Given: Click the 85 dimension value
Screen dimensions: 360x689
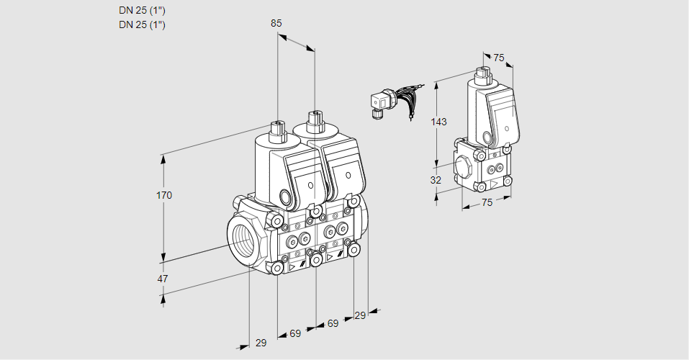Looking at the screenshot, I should coord(276,23).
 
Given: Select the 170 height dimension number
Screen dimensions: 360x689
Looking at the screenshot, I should coord(165,195).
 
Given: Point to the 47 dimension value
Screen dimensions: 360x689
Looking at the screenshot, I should coord(163,279).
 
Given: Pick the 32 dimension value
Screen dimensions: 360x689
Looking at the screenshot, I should coord(436,180).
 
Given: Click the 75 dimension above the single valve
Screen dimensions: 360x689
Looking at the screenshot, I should coord(499,58).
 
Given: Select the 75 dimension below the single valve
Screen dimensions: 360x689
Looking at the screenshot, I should coord(487,203).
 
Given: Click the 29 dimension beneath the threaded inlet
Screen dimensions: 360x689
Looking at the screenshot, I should coord(261,343).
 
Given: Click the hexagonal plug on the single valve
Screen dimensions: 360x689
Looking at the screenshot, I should coord(464,166).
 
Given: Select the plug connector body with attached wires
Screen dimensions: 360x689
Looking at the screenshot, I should coord(379,103).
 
